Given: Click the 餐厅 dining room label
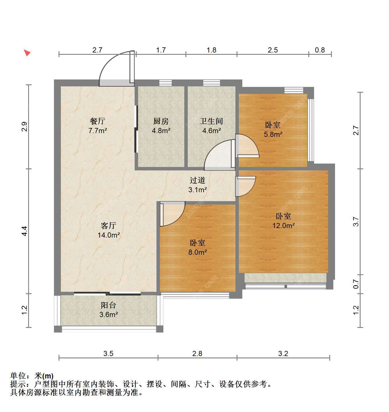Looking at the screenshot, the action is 97,121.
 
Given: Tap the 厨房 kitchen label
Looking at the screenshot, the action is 161,121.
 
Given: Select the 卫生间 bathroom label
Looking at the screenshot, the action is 211,121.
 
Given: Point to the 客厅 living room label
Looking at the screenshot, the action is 108,226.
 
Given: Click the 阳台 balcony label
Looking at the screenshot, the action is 108,305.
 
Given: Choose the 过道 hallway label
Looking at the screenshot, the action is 198,180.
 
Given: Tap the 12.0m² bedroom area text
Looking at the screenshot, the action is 284,226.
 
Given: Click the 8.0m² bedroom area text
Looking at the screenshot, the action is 198,252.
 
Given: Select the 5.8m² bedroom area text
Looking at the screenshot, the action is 273,135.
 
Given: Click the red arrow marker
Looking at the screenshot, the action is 27,53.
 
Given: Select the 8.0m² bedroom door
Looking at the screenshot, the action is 172,214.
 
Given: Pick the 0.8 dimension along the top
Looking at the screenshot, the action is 320,50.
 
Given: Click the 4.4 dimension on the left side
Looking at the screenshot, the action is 24,231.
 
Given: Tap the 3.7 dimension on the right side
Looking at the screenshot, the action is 356,221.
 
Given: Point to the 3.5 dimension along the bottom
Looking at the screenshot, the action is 108,353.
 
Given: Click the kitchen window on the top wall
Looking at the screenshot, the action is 165,83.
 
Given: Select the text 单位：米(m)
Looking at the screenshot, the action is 32,376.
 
